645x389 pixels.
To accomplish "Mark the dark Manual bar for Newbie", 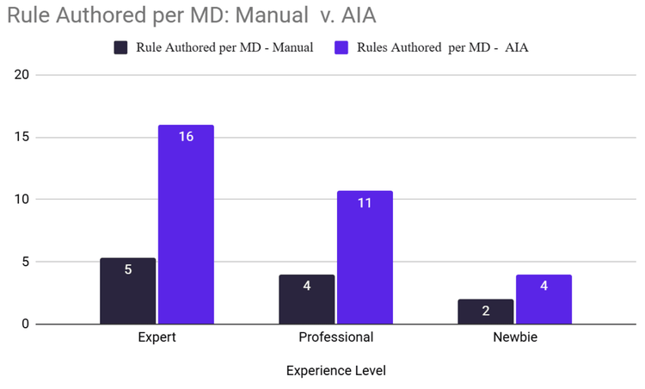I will (x=486, y=311).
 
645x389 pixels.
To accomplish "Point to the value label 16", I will (x=186, y=137).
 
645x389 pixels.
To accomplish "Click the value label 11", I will (x=365, y=203).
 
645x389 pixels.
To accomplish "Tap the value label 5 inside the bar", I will (x=128, y=269).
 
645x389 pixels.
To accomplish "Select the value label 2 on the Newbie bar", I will (x=486, y=311).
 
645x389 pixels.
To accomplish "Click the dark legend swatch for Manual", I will (x=122, y=47).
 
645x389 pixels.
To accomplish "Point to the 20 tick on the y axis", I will (x=21, y=75).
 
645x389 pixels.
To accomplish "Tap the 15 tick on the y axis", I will (x=21, y=137).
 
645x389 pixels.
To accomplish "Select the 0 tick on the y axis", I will (x=26, y=324).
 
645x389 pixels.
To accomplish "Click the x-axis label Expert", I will (x=157, y=337).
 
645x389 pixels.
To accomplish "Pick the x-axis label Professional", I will (x=335, y=337).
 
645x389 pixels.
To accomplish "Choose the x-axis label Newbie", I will (x=515, y=337).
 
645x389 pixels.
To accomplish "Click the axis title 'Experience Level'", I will (x=335, y=371).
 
